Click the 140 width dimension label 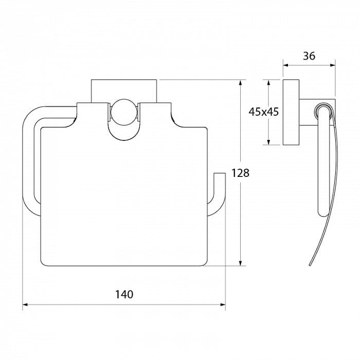(124, 294)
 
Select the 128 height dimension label (240, 173)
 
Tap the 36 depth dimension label (309, 56)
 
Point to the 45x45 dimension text (263, 112)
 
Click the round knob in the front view (124, 112)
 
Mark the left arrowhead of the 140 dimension (25, 304)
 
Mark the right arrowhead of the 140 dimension (223, 304)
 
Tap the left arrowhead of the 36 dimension (285, 65)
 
